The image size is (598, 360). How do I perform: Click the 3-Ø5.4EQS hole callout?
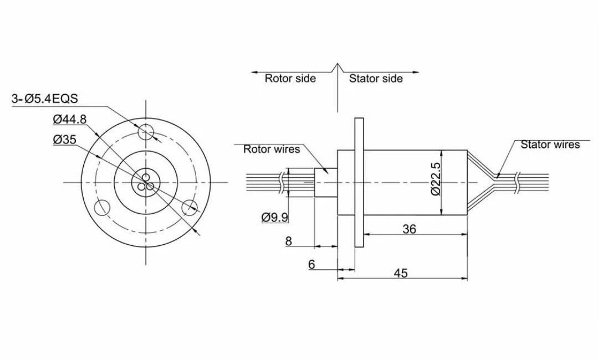point(45,99)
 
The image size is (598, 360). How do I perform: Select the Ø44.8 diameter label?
point(70,119)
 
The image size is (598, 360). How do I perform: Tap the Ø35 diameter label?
point(65,140)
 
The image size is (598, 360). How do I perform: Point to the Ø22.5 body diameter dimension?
point(436,179)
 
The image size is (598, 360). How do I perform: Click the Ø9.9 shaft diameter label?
point(275,217)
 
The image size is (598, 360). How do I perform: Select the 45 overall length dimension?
point(401,273)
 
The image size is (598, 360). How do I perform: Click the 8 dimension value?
point(288,241)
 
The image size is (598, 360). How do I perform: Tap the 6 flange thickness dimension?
point(311,265)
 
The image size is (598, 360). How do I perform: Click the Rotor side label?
point(290,78)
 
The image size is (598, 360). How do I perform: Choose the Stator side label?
point(376,79)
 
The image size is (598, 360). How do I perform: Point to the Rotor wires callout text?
point(272,149)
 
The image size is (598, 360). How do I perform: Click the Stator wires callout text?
point(550,145)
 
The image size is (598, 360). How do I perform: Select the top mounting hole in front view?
point(146,132)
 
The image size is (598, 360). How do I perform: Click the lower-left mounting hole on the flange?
point(102,208)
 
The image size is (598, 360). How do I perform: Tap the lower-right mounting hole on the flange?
point(190,208)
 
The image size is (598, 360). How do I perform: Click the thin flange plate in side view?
point(358,182)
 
